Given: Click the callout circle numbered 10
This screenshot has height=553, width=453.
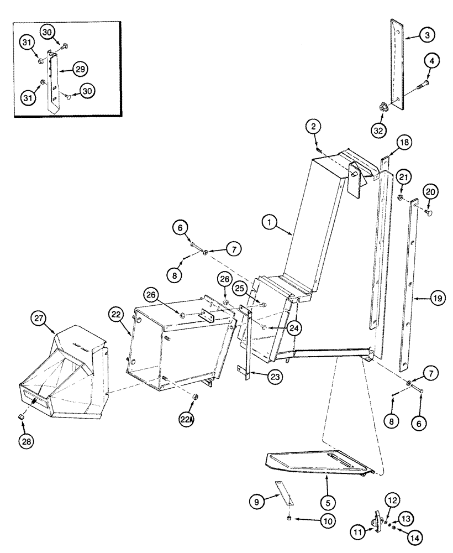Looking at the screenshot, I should click(x=313, y=521).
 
